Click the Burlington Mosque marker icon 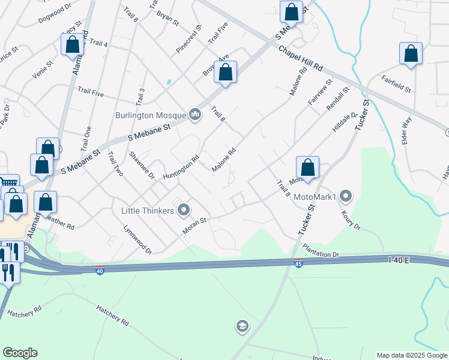click(194, 113)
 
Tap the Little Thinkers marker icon click(184, 210)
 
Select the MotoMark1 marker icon click(345, 196)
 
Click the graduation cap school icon click(242, 326)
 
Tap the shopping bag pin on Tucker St click(307, 168)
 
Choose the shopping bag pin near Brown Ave click(225, 73)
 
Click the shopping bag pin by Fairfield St click(411, 54)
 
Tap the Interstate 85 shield click(298, 263)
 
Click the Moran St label click(194, 225)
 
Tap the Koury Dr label click(350, 219)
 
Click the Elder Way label click(406, 128)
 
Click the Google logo click(20, 353)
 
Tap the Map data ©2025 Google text click(412, 355)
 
